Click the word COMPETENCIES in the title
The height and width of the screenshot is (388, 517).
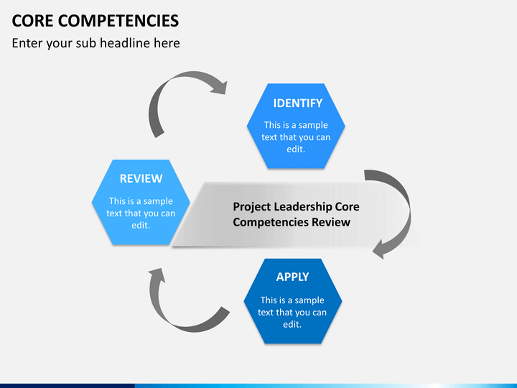click(x=118, y=21)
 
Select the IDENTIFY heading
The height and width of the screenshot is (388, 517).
click(x=298, y=103)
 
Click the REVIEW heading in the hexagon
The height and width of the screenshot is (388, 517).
click(x=141, y=178)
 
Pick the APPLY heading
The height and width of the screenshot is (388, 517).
click(x=292, y=277)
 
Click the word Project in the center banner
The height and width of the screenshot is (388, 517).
click(x=252, y=207)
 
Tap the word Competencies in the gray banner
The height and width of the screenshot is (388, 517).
click(x=271, y=222)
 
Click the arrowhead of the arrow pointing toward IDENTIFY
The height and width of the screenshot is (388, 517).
click(x=219, y=87)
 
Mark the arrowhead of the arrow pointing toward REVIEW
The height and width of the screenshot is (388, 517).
click(x=157, y=275)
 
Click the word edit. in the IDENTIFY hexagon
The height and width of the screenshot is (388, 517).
click(x=296, y=149)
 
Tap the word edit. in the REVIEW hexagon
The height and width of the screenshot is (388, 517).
click(x=141, y=226)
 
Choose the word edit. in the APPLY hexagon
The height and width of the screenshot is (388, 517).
click(x=292, y=324)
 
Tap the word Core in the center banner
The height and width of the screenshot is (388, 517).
click(x=348, y=207)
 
